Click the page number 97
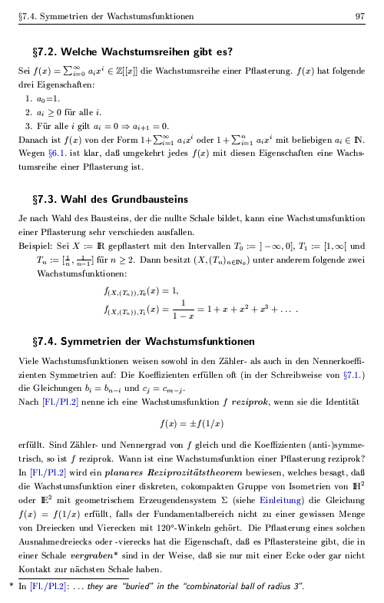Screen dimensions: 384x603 tap(359, 16)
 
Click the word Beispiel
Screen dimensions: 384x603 tap(35, 244)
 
